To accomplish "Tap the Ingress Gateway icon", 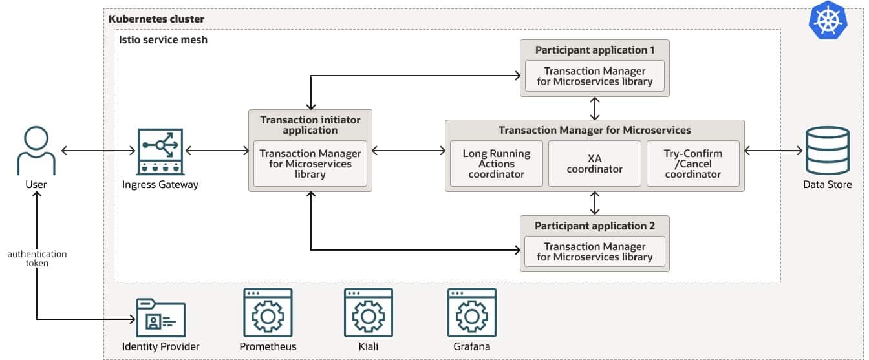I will click(160, 151).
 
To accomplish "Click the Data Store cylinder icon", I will click(827, 151).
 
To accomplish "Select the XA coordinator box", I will click(594, 164).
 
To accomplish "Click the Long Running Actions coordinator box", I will click(496, 164).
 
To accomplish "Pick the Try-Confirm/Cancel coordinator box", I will click(692, 164).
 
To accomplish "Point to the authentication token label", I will click(37, 259).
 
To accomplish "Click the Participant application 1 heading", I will click(595, 50).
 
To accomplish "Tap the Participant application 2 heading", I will click(595, 226).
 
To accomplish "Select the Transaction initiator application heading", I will click(310, 125).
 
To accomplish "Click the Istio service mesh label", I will click(163, 39).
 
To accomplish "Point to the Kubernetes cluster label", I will click(156, 19).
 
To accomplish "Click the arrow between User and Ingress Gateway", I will click(98, 151).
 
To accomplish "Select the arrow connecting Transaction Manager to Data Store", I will click(773, 151).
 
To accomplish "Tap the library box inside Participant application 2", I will click(595, 251).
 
